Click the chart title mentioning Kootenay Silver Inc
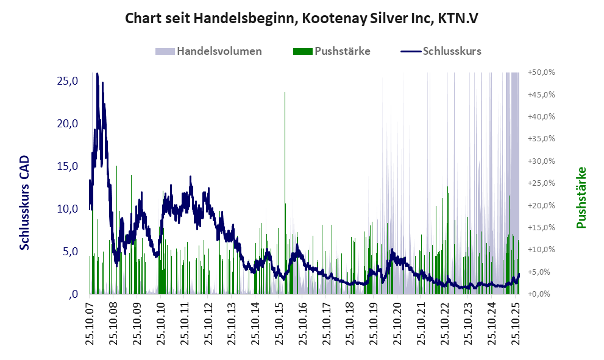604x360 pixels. coord(302,18)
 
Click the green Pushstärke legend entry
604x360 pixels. coord(332,51)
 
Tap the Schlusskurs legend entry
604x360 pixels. coord(441,51)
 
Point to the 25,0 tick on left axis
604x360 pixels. coord(66,81)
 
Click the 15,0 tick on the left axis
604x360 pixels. coord(66,166)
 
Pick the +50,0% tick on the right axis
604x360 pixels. coord(541,72)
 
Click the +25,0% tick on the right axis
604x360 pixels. coord(541,183)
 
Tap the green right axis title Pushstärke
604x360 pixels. coord(581,198)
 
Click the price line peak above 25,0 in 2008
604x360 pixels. coord(98,75)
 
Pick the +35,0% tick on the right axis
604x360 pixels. coord(541,139)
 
